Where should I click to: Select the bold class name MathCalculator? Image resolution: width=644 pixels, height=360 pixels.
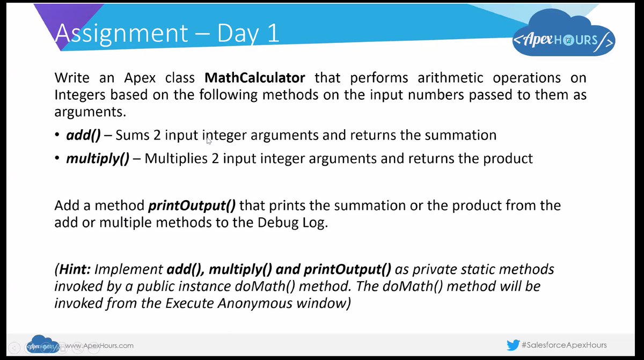255,77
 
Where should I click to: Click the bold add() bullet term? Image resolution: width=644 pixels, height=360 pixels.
83,135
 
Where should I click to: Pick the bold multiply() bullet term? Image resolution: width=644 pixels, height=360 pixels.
97,159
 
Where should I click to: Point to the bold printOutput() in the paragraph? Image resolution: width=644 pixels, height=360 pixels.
192,205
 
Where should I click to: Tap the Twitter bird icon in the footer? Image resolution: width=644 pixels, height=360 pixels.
513,345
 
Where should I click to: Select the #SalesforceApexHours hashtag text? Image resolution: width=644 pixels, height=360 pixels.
564,345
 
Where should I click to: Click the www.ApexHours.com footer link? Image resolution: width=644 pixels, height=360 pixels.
99,346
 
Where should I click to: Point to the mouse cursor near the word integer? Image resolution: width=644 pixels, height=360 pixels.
209,140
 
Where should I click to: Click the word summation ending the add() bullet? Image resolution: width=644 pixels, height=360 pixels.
460,135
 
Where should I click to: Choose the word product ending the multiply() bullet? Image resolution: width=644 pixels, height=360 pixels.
507,159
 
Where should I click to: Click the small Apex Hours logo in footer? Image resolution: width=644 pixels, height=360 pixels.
43,346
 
